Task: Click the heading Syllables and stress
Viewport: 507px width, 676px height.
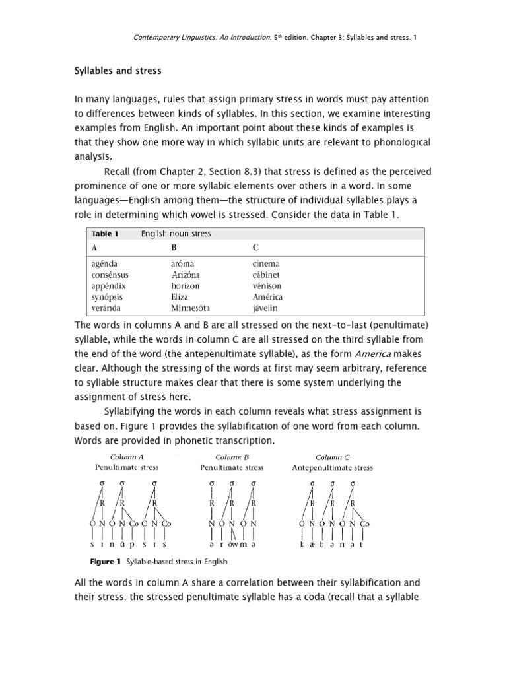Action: (x=118, y=70)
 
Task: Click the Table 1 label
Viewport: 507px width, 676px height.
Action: (x=103, y=234)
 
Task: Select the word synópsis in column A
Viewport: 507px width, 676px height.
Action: (x=108, y=297)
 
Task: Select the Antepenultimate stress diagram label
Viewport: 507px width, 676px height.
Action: (x=332, y=468)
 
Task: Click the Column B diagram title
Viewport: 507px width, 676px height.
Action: (x=231, y=457)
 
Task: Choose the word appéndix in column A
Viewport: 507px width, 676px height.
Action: (x=109, y=286)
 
